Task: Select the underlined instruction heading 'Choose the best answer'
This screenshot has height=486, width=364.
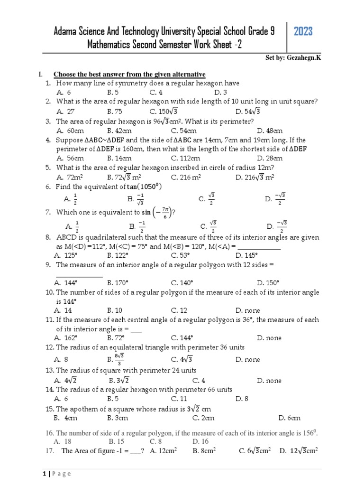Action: click(x=129, y=75)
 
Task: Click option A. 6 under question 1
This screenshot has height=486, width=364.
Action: click(x=64, y=93)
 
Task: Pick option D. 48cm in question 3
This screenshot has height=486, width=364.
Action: click(x=270, y=131)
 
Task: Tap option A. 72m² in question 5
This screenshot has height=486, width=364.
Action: click(x=70, y=178)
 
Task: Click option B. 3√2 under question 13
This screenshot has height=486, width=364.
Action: click(x=119, y=380)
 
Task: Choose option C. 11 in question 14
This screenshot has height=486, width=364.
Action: click(x=179, y=399)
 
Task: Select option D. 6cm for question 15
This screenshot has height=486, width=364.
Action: click(x=290, y=418)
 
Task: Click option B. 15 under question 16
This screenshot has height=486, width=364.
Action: click(x=116, y=441)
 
